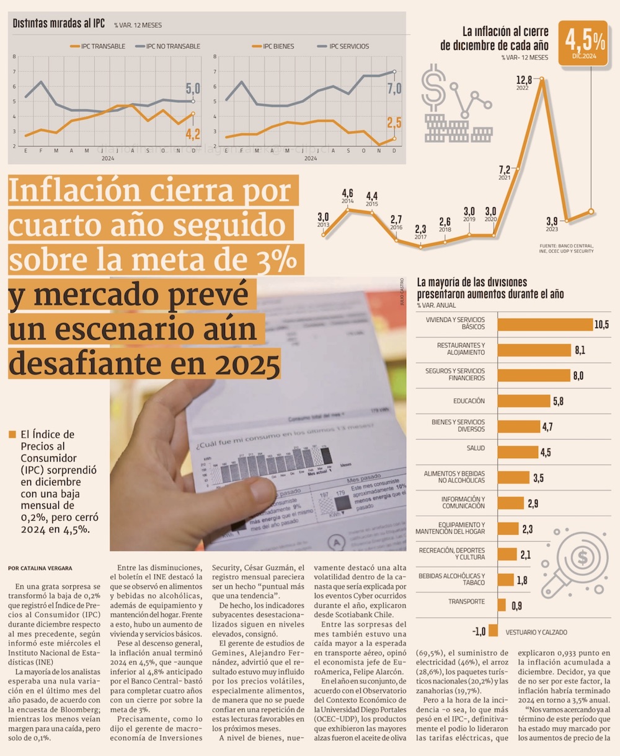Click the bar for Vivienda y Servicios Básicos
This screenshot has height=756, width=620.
(x=545, y=324)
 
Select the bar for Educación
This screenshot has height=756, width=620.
(x=525, y=401)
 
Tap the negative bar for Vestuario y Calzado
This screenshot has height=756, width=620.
(x=493, y=630)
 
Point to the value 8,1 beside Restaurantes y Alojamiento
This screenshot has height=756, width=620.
(x=580, y=350)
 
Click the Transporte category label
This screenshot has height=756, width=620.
(x=466, y=602)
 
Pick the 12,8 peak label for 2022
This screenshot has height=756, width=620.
(x=524, y=80)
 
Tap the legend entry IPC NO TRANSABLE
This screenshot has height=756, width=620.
(x=172, y=46)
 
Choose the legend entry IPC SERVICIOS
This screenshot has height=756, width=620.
(x=348, y=46)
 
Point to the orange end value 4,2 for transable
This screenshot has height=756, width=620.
(x=193, y=133)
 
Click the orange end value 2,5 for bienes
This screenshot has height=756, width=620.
(x=394, y=123)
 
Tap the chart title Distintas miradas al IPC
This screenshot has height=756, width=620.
(x=59, y=24)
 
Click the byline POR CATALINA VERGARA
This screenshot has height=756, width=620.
(x=40, y=568)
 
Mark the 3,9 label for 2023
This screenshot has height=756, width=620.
(x=551, y=221)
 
